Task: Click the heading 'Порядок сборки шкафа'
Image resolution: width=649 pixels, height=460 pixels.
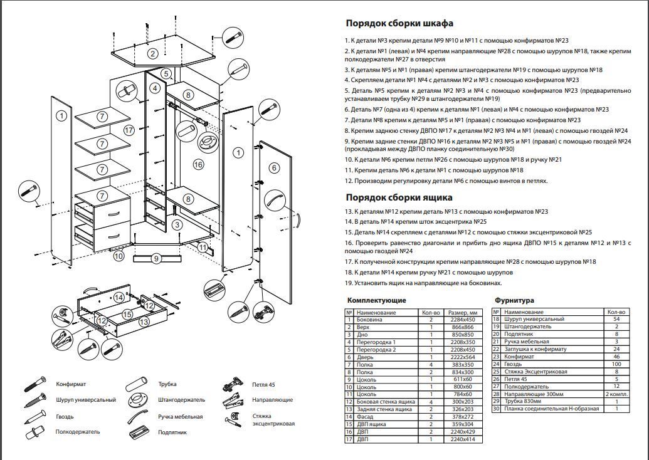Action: pyautogui.click(x=399, y=24)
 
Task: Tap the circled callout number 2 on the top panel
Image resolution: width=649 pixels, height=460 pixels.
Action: pyautogui.click(x=152, y=53)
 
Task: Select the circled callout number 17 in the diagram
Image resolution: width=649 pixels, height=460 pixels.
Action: pyautogui.click(x=129, y=130)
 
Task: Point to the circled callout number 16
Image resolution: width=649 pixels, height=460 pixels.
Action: pyautogui.click(x=198, y=164)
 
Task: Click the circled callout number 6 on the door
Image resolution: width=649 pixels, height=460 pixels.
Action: pyautogui.click(x=274, y=167)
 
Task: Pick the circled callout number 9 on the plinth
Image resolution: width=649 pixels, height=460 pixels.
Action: pyautogui.click(x=157, y=258)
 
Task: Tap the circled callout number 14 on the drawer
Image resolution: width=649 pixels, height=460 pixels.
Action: pyautogui.click(x=119, y=297)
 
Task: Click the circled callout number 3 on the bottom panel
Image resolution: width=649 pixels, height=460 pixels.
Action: pyautogui.click(x=177, y=224)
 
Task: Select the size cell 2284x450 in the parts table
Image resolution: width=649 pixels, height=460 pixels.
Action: pyautogui.click(x=463, y=320)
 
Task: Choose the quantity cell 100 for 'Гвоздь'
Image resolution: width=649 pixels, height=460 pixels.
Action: pyautogui.click(x=617, y=363)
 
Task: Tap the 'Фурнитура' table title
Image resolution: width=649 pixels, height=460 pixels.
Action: pyautogui.click(x=514, y=301)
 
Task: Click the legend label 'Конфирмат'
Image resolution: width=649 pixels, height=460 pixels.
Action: pyautogui.click(x=71, y=384)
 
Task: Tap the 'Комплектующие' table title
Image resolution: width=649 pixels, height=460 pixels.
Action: pyautogui.click(x=376, y=301)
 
